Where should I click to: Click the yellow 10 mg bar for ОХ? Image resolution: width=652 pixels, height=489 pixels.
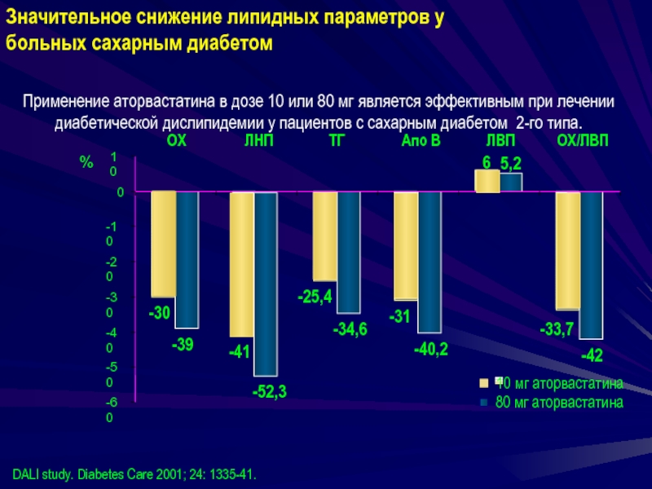tap(163, 244)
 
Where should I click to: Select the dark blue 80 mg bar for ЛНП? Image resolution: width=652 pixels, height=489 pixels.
tap(266, 283)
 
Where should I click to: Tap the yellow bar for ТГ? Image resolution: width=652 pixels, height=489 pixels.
tap(324, 236)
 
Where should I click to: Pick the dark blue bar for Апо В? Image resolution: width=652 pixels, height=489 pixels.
tap(430, 262)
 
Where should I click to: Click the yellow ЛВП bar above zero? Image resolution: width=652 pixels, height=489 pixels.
tap(487, 181)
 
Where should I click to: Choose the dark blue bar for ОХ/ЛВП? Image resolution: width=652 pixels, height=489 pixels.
tap(591, 265)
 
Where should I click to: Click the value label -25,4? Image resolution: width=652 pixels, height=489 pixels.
tap(315, 297)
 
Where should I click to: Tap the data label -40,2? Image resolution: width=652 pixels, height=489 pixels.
tap(431, 350)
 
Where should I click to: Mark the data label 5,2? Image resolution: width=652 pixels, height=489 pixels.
tap(511, 163)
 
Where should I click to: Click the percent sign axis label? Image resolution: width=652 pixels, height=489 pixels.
tap(86, 163)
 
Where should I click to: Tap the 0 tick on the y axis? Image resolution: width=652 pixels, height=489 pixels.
tap(120, 192)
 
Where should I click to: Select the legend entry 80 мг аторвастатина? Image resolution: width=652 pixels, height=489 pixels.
tap(559, 402)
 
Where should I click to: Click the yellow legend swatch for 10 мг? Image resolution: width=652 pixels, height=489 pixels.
tap(483, 382)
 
